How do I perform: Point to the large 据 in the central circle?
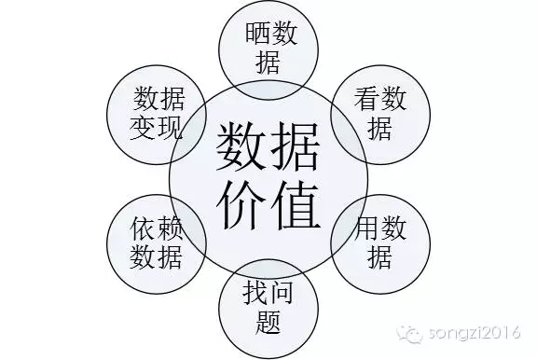(297, 147)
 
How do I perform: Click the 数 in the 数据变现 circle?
(145, 98)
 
